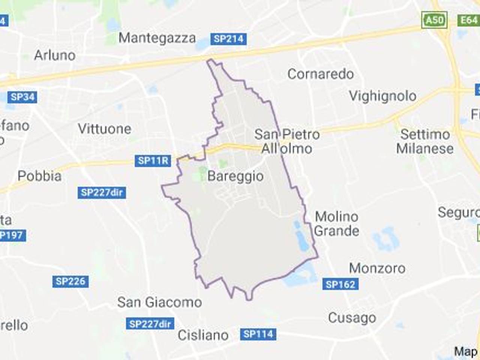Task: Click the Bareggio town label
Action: (235, 176)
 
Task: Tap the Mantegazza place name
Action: (157, 38)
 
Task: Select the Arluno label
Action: (55, 55)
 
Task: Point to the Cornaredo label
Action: (321, 74)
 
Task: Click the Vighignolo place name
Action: (382, 96)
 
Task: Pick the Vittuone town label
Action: (105, 129)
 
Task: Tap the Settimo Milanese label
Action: (425, 141)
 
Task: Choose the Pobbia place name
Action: (40, 176)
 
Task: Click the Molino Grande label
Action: (337, 223)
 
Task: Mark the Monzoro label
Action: (377, 268)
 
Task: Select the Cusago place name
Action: (352, 318)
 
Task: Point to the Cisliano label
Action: (203, 335)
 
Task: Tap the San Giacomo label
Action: (160, 302)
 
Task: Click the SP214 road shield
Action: (228, 39)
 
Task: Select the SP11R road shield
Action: (153, 161)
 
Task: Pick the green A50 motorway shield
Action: (435, 19)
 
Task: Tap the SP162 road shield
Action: (340, 284)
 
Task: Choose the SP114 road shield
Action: (258, 334)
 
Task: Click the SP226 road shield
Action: (70, 281)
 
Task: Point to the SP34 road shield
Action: (22, 97)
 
